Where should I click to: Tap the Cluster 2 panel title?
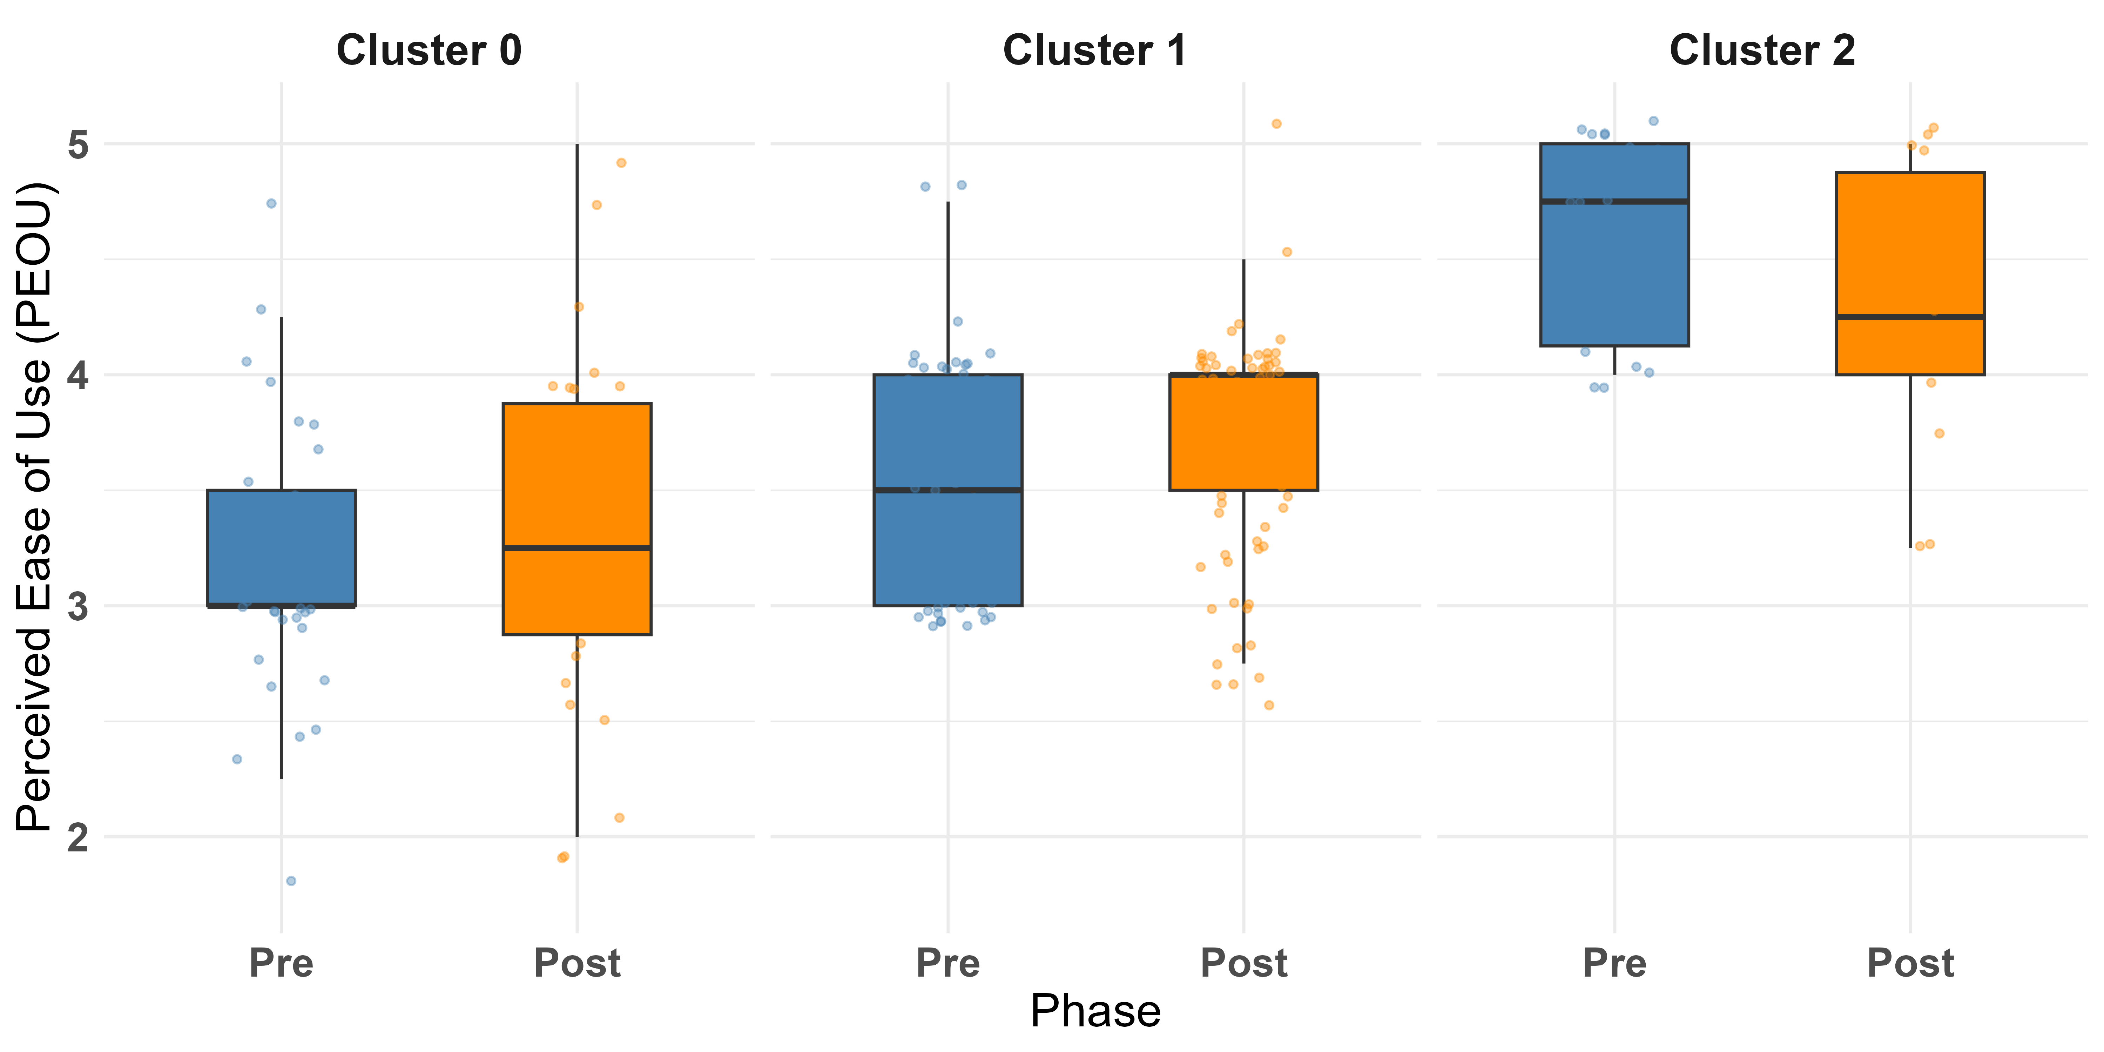tap(1762, 50)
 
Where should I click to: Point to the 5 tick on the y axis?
tap(79, 144)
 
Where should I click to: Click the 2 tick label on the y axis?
tap(79, 837)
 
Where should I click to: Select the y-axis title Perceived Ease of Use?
tap(36, 506)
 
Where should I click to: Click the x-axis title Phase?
tap(1095, 1011)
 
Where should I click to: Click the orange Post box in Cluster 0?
tap(578, 519)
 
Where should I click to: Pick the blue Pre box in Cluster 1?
tap(948, 490)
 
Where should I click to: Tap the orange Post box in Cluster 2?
tap(1910, 274)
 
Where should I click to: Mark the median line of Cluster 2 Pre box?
tap(1615, 201)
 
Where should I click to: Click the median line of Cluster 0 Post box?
tap(578, 548)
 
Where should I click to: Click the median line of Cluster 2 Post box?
tap(1910, 316)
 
